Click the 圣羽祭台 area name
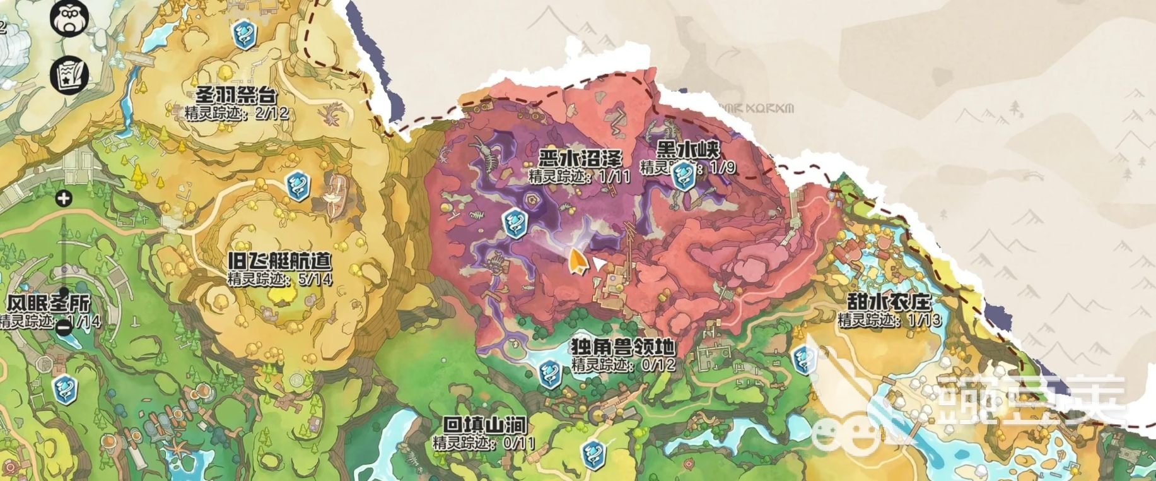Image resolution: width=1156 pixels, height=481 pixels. (x=236, y=97)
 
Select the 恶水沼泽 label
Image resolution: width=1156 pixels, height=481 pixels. (x=580, y=158)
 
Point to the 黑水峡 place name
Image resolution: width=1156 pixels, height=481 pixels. (x=688, y=150)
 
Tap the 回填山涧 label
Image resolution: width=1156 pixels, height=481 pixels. (x=484, y=425)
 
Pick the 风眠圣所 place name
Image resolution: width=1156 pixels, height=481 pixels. (x=49, y=304)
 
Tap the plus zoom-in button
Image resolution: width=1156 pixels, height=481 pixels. (x=64, y=199)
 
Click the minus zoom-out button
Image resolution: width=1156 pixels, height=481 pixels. (x=64, y=327)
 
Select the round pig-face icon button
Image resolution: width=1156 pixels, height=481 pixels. (x=67, y=18)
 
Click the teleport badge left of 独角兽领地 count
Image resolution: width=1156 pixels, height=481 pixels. (x=549, y=374)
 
